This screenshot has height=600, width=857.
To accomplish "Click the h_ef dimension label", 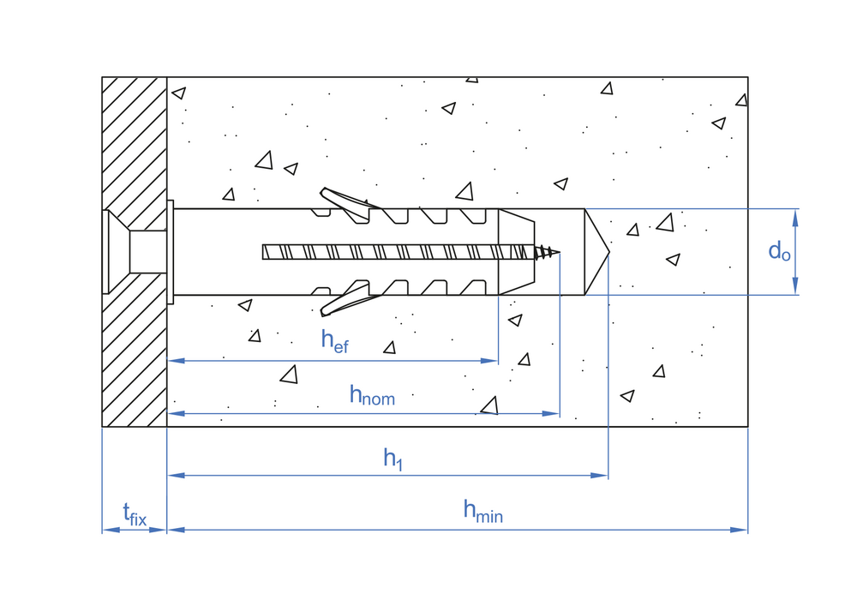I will (334, 340).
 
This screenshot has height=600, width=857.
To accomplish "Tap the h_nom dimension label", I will (371, 395).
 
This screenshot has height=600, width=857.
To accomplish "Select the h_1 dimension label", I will (393, 459).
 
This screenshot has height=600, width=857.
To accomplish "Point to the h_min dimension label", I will (482, 511).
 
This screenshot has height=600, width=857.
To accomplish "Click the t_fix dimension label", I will (135, 515).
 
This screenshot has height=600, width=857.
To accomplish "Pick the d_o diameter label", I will (779, 251).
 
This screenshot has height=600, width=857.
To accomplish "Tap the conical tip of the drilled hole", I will (598, 252).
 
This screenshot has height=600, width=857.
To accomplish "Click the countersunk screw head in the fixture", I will (117, 252).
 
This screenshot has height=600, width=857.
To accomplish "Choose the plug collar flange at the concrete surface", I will (171, 252).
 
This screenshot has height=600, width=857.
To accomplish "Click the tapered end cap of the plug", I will (516, 252).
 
